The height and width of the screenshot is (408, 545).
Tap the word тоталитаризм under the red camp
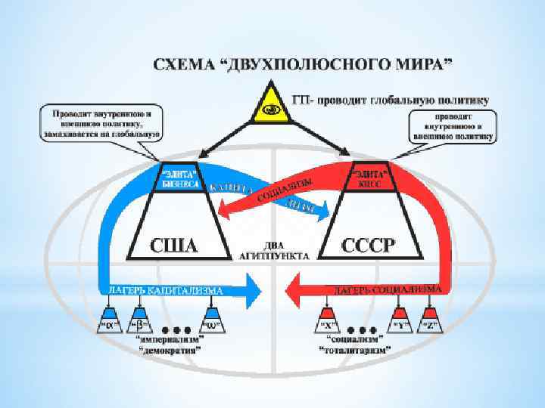pos(356,351)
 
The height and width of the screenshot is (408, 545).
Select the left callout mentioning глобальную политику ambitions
pos(101,124)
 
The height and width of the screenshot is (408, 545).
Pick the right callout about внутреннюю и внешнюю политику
pos(452,126)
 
